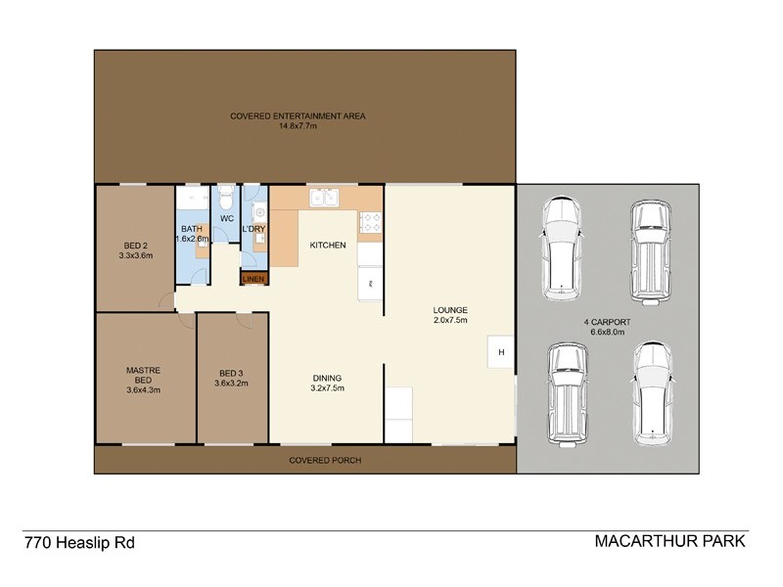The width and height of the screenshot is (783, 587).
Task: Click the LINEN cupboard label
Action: pos(253,279)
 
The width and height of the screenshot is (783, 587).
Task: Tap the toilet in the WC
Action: pos(226,195)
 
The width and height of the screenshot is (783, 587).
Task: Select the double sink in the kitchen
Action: pos(324,199)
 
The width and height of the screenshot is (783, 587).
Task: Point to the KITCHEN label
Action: pos(328,245)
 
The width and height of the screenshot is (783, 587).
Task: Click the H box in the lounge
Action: pos(500,352)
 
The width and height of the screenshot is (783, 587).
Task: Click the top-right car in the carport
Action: pos(649,248)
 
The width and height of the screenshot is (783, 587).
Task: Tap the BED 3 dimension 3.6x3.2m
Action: pos(232,384)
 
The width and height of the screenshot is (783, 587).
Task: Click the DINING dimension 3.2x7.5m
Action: pos(327,387)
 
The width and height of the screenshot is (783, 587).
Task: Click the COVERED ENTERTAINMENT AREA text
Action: pos(298,115)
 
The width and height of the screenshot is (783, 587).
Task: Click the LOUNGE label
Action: pos(450,310)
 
